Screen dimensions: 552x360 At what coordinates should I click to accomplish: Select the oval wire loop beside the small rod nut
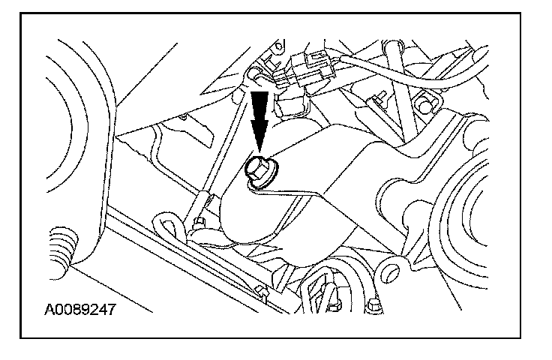(166, 223)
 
